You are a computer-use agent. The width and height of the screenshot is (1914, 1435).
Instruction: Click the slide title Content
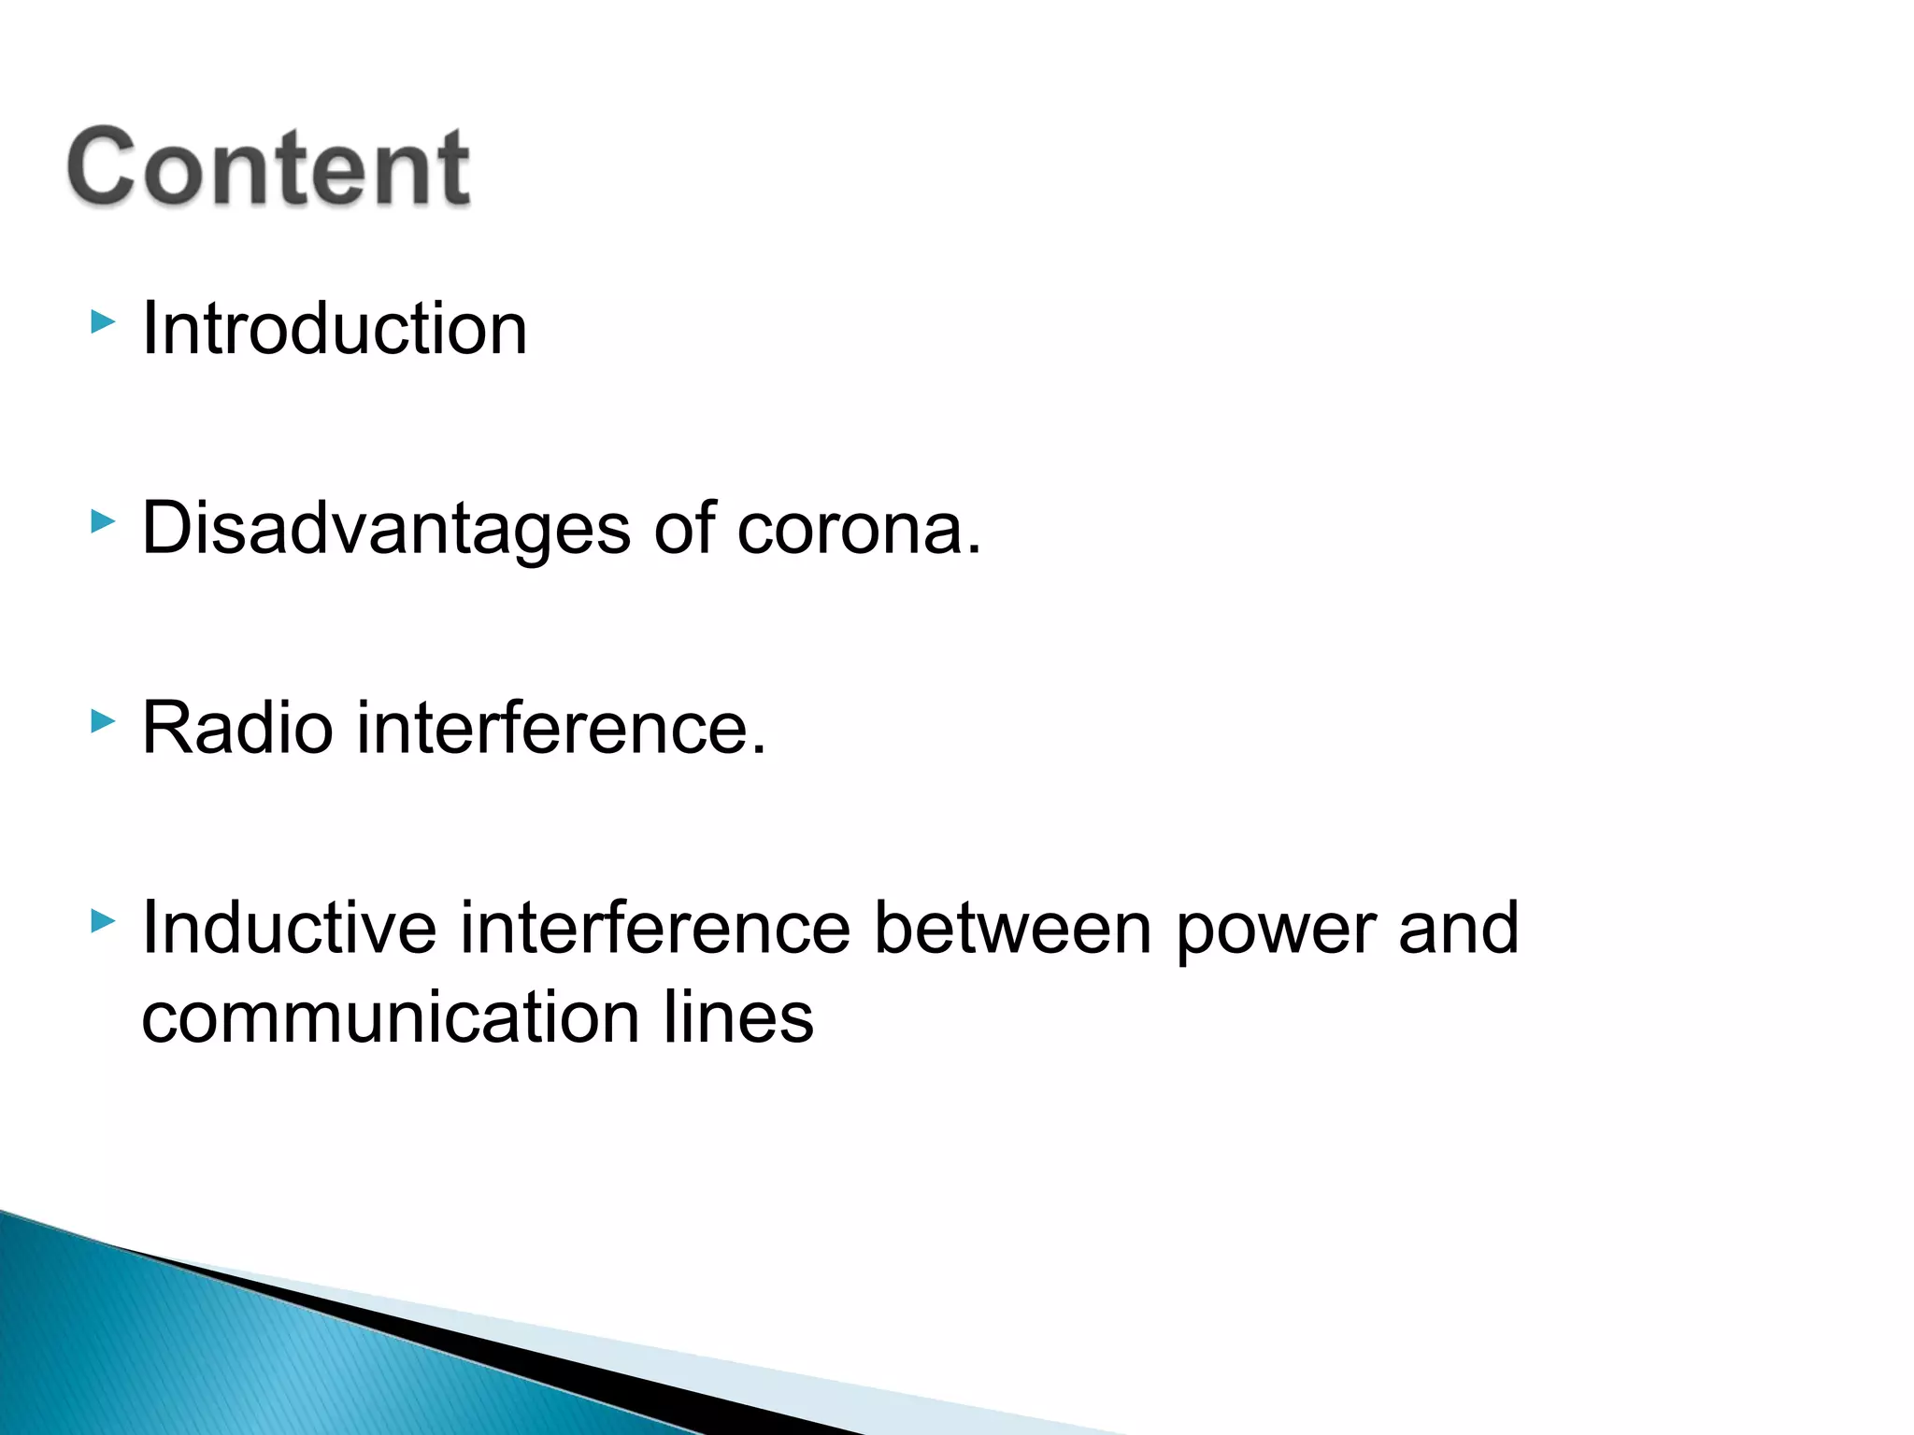(269, 167)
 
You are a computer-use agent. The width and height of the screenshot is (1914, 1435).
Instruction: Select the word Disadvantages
(386, 530)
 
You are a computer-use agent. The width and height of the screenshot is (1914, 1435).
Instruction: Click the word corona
(850, 530)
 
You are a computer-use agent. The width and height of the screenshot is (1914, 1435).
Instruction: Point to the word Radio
(237, 728)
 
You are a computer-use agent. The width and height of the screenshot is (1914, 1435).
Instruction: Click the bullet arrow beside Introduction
(103, 323)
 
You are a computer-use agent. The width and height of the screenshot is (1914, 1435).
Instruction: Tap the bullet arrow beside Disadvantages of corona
(103, 522)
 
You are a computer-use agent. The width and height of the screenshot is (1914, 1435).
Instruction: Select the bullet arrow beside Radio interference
(103, 721)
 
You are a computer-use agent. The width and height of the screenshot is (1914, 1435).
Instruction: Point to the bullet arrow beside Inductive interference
(103, 922)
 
